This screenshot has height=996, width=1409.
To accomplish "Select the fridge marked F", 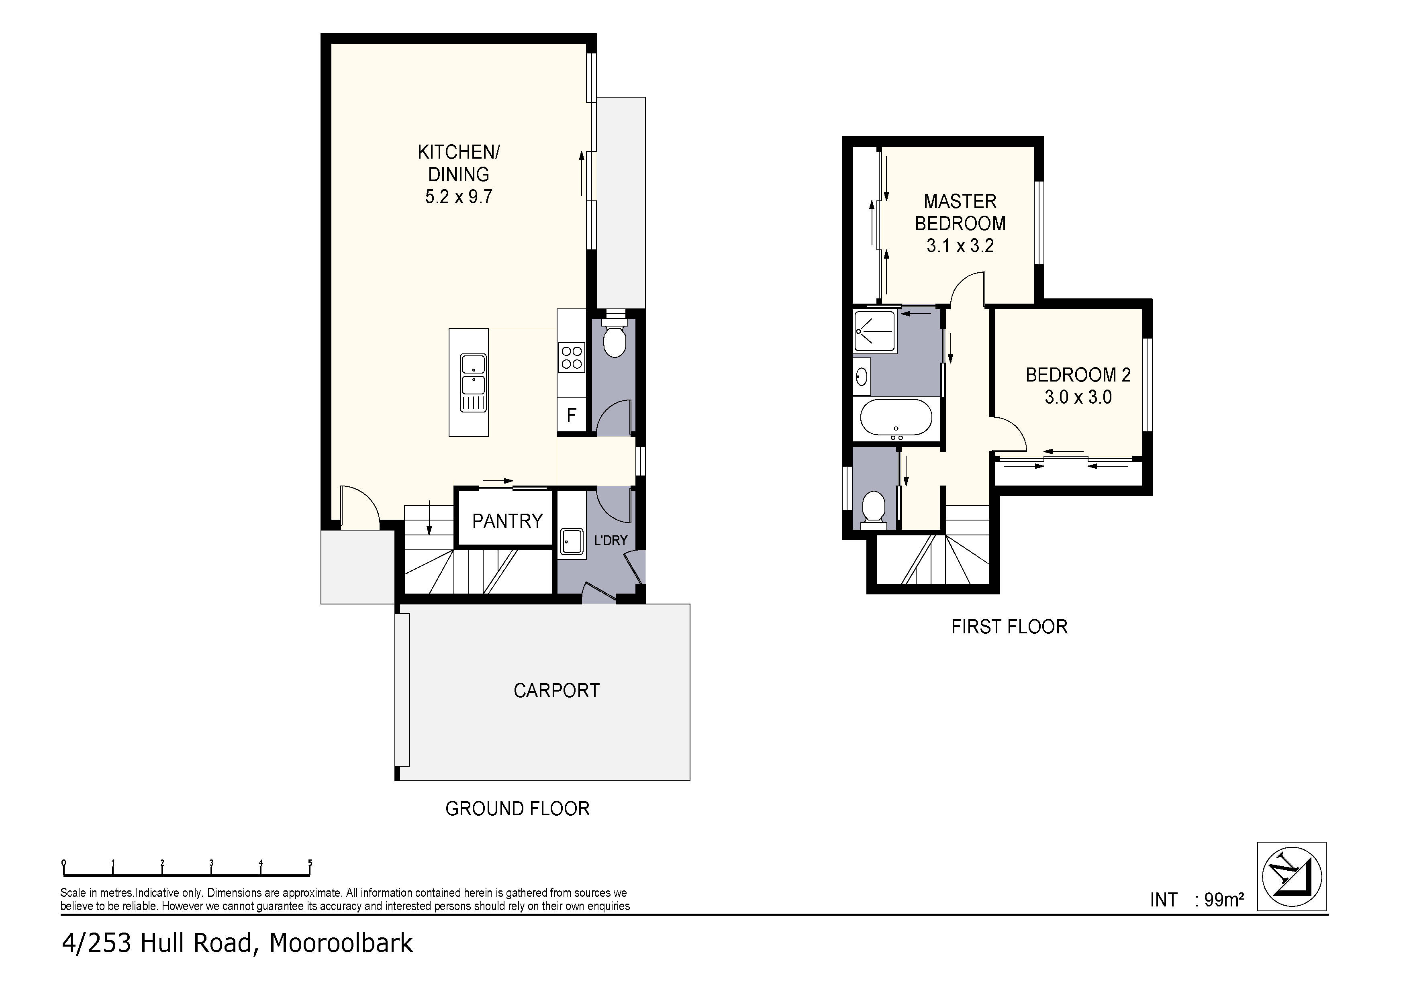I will pos(571,415).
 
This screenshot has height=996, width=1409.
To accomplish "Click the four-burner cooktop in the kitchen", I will pos(571,358).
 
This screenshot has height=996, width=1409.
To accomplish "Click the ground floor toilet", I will pos(614,341).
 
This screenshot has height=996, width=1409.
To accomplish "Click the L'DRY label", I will pos(610,540).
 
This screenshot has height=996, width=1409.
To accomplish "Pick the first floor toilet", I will pos(873,509).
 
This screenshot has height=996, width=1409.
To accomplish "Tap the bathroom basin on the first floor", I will pos(862,376).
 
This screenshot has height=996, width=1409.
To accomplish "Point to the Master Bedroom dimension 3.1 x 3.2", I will pos(960,246).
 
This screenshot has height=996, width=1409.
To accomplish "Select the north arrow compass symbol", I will pos(1291,876).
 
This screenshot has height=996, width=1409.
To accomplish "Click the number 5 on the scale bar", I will pos(310,862).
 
